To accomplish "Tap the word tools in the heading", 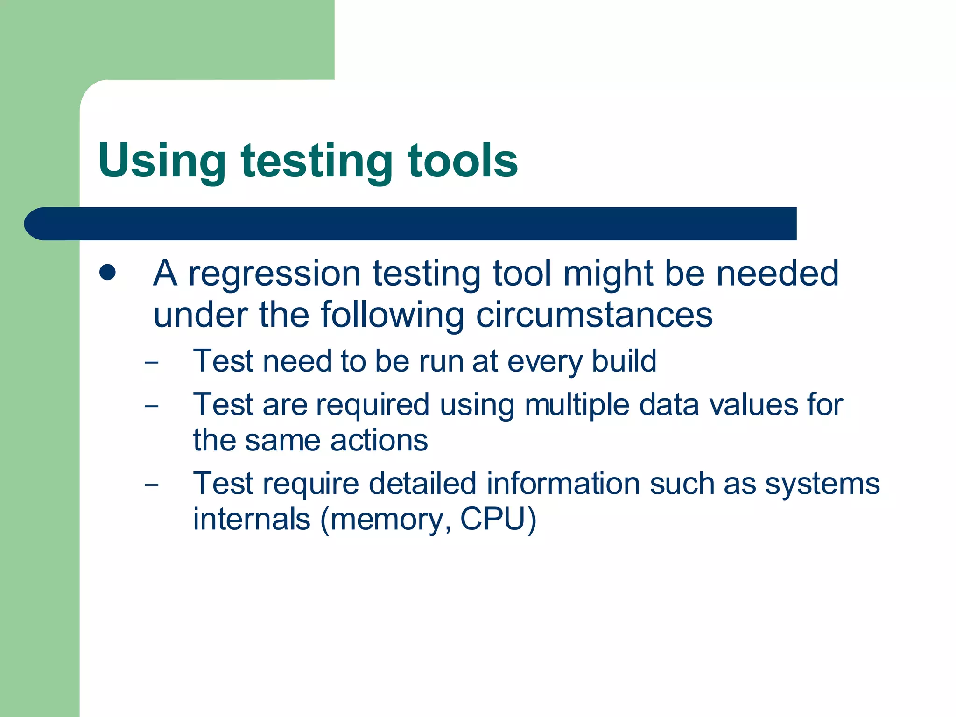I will point(462,161).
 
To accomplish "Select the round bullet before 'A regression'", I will point(107,273).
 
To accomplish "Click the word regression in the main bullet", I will point(274,274).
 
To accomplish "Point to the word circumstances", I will point(594,315).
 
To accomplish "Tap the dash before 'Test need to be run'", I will point(152,362).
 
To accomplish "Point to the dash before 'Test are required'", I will point(152,405).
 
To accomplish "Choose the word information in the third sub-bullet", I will point(563,484).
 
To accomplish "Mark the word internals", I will point(252,519).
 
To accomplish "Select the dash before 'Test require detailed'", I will point(152,485).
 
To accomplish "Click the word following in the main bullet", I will point(392,315).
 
